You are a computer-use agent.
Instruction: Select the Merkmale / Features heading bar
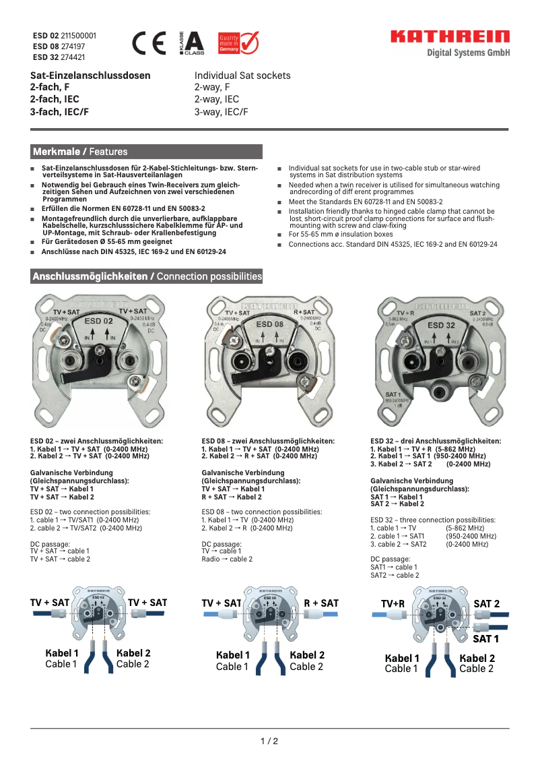[147, 152]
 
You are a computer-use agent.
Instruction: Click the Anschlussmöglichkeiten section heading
[147, 276]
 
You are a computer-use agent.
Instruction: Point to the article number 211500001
[79, 35]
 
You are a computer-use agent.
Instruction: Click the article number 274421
[73, 58]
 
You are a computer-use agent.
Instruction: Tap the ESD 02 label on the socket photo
[98, 322]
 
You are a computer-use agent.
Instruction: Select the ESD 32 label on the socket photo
[441, 325]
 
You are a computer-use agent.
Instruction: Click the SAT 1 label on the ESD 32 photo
[393, 394]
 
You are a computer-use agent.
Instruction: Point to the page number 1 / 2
[269, 741]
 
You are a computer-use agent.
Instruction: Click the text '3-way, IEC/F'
[222, 112]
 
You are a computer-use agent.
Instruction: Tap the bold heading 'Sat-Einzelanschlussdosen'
[90, 75]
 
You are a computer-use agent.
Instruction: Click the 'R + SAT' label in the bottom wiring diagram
[320, 603]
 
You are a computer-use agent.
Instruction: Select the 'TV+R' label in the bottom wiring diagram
[393, 604]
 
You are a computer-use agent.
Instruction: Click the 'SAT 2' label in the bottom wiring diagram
[486, 604]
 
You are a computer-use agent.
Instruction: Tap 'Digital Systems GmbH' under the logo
[469, 53]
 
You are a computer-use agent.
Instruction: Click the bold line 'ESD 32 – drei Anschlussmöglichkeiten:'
[436, 441]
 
